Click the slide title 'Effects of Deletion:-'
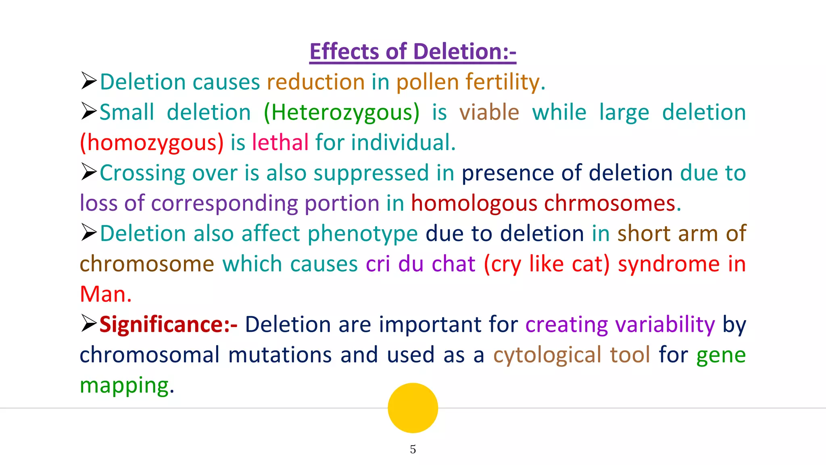[413, 52]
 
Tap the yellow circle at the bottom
[413, 408]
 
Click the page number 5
[413, 449]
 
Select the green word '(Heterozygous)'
[341, 113]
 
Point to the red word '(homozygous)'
[152, 143]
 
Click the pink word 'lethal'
[280, 142]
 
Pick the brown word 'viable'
[489, 112]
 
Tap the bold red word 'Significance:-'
[168, 325]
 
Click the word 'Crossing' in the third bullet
[142, 173]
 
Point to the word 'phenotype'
[363, 234]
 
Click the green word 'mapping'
[124, 386]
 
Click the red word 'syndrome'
[669, 264]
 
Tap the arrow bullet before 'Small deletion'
[89, 111]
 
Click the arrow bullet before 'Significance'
[89, 323]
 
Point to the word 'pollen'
[428, 82]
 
